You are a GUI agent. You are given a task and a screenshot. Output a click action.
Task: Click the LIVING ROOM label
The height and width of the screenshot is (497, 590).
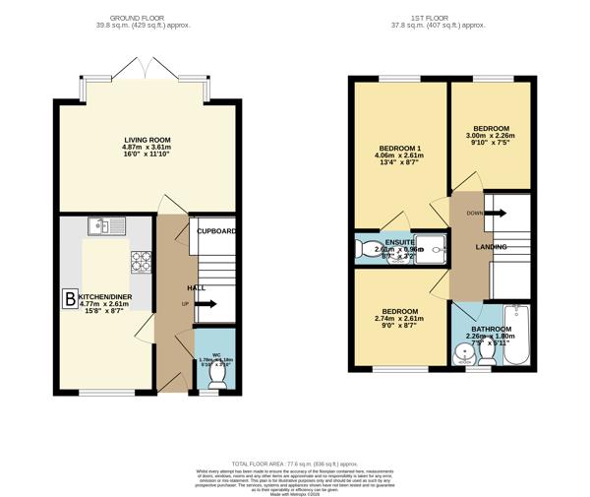(147, 141)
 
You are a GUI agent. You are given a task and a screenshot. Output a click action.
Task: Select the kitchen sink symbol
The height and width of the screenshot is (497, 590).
(103, 226)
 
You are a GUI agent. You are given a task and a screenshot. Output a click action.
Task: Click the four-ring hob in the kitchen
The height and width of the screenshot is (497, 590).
(142, 261)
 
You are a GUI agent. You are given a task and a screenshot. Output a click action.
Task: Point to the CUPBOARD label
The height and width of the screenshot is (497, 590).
(216, 231)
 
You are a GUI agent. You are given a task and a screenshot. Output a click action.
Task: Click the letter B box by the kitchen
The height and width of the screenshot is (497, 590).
(70, 298)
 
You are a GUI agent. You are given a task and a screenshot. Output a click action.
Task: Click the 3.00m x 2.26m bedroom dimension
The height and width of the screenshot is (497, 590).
(491, 140)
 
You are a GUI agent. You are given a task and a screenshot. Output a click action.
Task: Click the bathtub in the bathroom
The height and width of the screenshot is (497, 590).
(519, 335)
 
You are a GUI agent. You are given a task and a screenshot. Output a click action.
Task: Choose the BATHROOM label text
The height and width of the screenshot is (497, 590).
(491, 330)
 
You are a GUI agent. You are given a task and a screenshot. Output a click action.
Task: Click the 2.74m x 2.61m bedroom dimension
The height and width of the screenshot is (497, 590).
(399, 319)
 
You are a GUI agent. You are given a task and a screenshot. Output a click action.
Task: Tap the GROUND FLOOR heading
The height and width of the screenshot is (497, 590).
(147, 17)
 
